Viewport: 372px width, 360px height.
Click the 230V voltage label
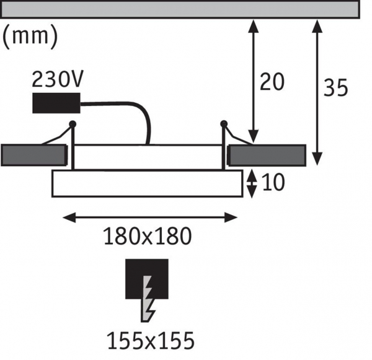tap(58, 79)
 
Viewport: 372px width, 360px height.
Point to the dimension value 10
tap(273, 183)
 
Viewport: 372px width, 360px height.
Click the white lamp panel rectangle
tap(146, 183)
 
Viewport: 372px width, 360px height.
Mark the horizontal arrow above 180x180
tap(151, 217)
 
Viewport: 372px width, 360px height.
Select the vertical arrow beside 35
tap(317, 93)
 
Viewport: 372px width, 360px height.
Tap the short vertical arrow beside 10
tap(252, 183)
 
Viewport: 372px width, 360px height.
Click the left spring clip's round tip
tap(73, 124)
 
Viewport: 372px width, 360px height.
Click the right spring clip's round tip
tap(223, 124)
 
